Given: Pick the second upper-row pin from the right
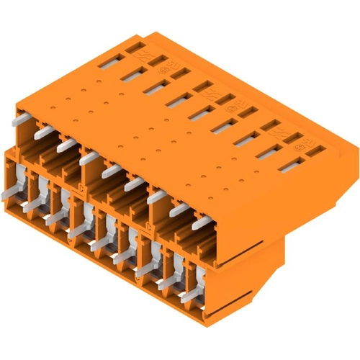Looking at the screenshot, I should [x=179, y=209].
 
